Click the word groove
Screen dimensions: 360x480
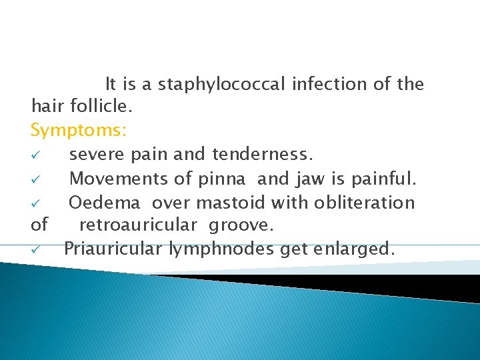pyautogui.click(x=241, y=225)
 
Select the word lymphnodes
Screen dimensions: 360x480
pyautogui.click(x=210, y=249)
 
